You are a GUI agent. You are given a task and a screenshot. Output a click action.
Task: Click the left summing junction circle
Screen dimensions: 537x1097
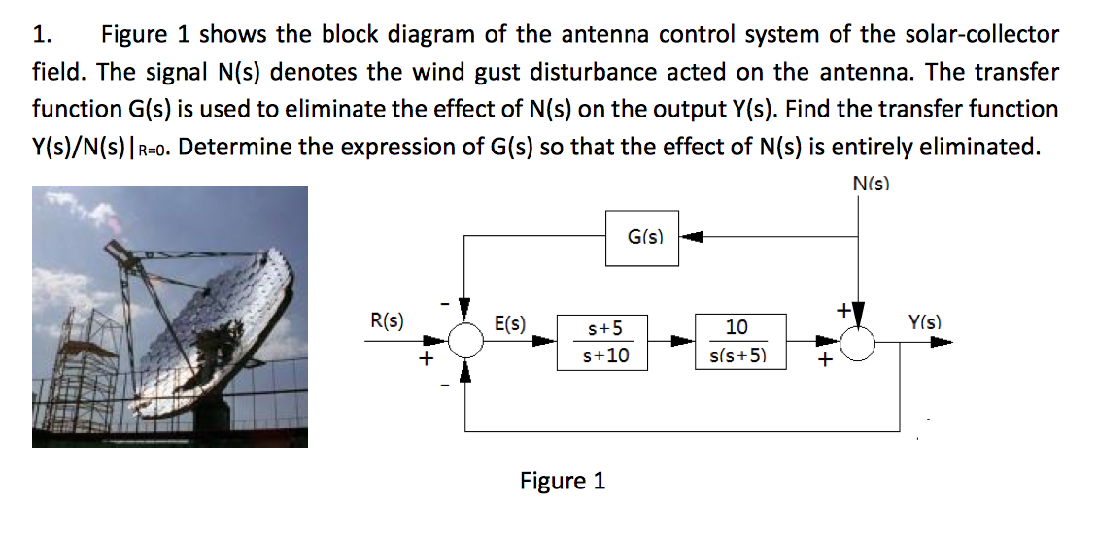click(467, 342)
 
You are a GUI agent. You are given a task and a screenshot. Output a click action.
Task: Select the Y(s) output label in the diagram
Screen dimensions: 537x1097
click(925, 321)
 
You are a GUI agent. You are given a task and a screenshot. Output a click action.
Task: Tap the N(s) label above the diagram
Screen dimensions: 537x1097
click(871, 183)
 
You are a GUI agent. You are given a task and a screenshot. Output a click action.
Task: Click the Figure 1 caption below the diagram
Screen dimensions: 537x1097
click(563, 481)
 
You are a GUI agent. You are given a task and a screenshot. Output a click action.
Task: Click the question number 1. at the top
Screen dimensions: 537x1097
click(42, 36)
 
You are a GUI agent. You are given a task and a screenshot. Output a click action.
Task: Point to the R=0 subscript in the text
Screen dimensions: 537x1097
click(155, 151)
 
